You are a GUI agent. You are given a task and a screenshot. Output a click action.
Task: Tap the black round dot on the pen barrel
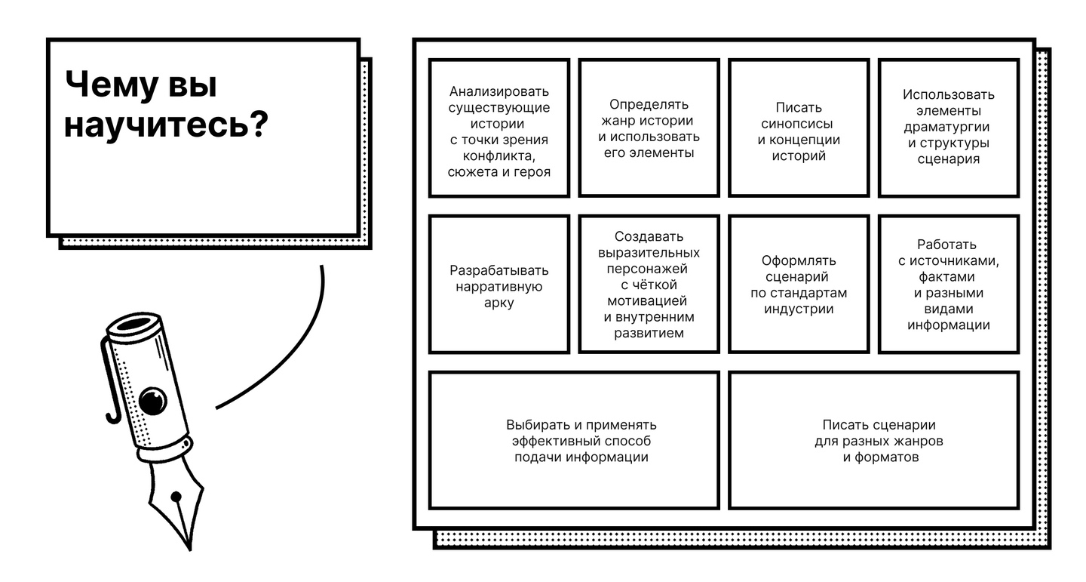click(x=154, y=400)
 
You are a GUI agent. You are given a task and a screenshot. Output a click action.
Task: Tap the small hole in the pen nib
click(x=176, y=497)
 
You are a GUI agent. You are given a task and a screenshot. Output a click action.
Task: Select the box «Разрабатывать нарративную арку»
click(x=499, y=285)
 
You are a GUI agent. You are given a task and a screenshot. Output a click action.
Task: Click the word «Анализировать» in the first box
click(x=499, y=91)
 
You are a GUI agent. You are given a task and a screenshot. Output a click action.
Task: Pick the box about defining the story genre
click(x=649, y=128)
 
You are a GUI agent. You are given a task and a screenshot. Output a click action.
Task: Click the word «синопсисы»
click(x=798, y=124)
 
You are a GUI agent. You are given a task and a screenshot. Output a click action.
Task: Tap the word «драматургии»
click(x=948, y=127)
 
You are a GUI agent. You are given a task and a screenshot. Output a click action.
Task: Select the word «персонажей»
click(x=649, y=268)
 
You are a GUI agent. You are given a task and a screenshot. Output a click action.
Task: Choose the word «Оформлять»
click(x=799, y=260)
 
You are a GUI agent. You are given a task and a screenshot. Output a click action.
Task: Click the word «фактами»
click(x=948, y=277)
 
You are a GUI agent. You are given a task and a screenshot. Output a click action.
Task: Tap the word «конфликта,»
click(x=499, y=156)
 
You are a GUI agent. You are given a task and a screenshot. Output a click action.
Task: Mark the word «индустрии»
click(x=799, y=309)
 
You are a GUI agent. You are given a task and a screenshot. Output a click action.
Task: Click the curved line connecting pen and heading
click(x=294, y=355)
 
